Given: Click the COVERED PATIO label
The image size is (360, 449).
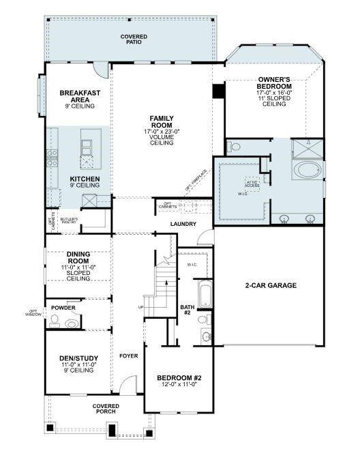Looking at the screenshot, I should pos(134,39).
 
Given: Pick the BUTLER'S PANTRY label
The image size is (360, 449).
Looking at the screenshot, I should pos(70,220).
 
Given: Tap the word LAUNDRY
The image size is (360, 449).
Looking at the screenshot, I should pos(183,224).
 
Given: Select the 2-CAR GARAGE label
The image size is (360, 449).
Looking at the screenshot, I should pos(271,285).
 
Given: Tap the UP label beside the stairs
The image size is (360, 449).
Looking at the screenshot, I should pos(141,307).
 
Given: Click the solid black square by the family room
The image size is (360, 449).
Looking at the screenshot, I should pos(219,90).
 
